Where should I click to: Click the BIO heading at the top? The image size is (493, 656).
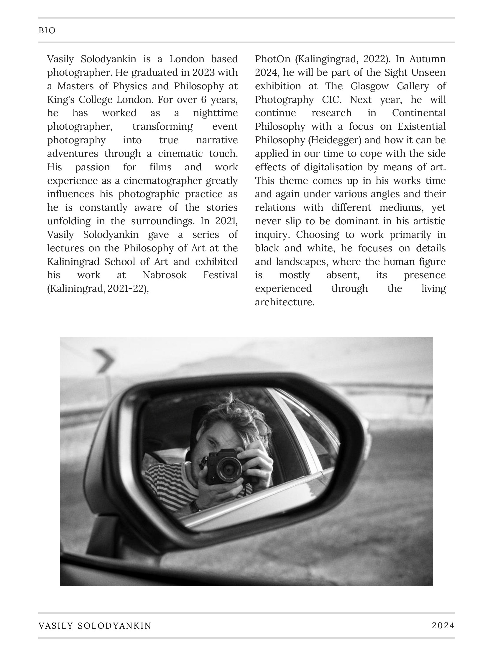click(47, 31)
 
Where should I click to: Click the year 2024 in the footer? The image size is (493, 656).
click(443, 625)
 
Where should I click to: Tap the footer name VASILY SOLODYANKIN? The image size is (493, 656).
click(95, 625)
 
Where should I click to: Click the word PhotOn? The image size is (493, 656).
click(272, 59)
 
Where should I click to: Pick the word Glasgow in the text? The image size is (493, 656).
click(369, 86)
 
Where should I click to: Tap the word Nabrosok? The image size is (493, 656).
click(165, 275)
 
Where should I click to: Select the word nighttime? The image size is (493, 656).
click(215, 113)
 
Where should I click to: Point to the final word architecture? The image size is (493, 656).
click(284, 302)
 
